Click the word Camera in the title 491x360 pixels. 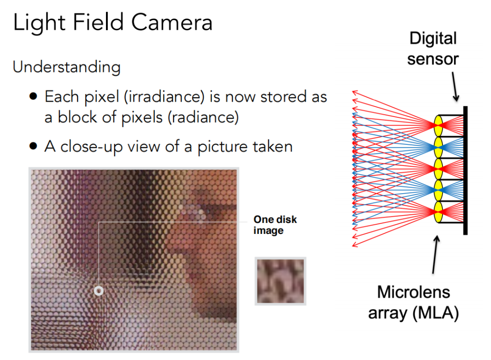[172, 23]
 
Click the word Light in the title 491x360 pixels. [39, 23]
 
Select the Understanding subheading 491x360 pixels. [67, 67]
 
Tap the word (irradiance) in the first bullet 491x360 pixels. [164, 97]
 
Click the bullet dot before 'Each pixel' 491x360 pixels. [33, 96]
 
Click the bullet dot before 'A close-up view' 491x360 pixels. [33, 146]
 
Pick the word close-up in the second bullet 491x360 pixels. [91, 147]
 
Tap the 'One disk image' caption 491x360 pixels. [275, 225]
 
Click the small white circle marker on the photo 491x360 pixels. [99, 291]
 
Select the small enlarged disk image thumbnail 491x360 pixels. [280, 281]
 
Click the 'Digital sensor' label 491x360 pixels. [433, 48]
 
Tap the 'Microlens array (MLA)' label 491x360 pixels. [413, 302]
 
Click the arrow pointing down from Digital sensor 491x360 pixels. [456, 87]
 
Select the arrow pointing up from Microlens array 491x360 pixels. [435, 255]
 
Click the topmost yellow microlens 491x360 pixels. [438, 126]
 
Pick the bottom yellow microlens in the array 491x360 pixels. [438, 212]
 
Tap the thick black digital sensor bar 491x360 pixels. [465, 170]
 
